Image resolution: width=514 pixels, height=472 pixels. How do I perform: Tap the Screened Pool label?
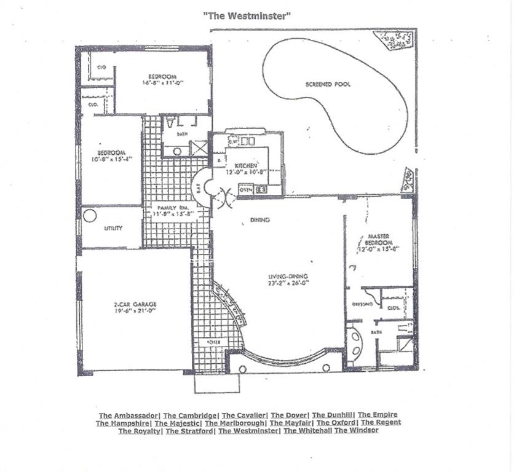click(328, 84)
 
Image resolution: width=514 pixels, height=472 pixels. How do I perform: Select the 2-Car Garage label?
click(135, 304)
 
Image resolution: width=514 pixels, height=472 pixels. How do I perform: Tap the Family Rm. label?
click(167, 207)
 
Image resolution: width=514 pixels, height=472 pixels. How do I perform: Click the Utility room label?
click(113, 228)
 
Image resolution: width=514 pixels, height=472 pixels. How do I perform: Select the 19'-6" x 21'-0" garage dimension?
click(135, 311)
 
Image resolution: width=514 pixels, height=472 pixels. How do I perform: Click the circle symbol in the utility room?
click(90, 216)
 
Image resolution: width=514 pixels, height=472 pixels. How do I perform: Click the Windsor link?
click(357, 430)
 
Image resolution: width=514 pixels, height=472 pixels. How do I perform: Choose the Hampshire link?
click(122, 423)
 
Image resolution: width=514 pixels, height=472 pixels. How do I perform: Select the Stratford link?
click(189, 430)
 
